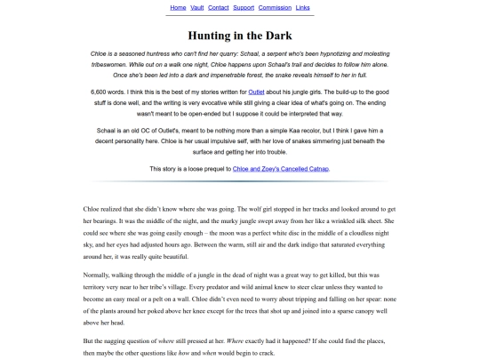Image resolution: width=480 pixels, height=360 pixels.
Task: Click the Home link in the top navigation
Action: coord(178,7)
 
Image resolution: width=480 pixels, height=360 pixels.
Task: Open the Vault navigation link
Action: coord(196,7)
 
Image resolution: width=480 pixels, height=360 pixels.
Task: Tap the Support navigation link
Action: coord(244,7)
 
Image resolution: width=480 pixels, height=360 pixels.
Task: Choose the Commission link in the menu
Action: coord(275,7)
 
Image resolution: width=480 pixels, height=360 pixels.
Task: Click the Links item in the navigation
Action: coord(303,7)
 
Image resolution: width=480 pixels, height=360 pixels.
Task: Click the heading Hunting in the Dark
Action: coord(240,36)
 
